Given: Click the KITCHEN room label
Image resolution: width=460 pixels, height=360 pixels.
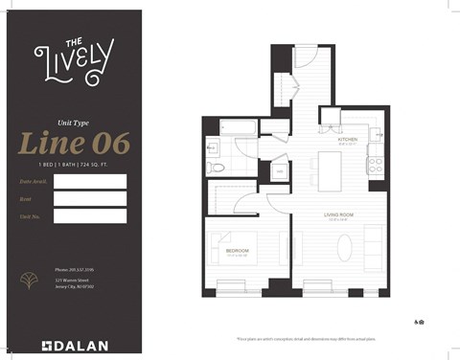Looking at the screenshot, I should (x=347, y=140).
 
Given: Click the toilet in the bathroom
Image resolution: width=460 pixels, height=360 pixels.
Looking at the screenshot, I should (x=218, y=166).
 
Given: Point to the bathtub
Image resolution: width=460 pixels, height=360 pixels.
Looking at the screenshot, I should (x=236, y=126).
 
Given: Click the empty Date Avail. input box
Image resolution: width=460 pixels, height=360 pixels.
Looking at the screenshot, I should (x=90, y=181).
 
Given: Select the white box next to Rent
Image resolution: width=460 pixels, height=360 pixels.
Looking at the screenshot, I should (x=90, y=198).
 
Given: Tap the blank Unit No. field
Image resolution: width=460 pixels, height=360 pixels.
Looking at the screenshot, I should (x=90, y=215).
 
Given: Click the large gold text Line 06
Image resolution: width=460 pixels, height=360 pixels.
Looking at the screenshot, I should (x=74, y=144).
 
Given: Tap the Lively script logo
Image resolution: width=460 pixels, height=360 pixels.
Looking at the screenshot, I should (x=73, y=58).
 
